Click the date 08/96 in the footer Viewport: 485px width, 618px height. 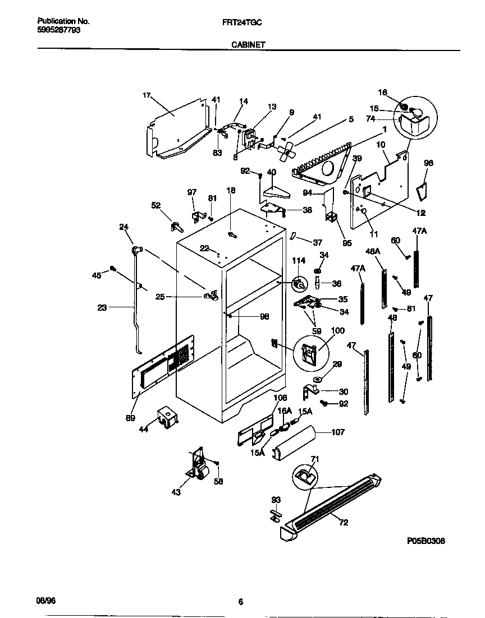pos(46,601)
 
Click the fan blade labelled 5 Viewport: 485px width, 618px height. pos(287,149)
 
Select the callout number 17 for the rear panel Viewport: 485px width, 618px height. pos(147,95)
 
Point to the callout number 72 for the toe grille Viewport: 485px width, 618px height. pos(344,523)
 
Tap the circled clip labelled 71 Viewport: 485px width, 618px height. pos(305,477)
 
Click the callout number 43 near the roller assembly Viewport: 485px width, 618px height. pos(176,492)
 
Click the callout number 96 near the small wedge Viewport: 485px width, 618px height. pos(428,163)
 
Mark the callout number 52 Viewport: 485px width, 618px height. pos(156,205)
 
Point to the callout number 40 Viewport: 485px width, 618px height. pos(271,172)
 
